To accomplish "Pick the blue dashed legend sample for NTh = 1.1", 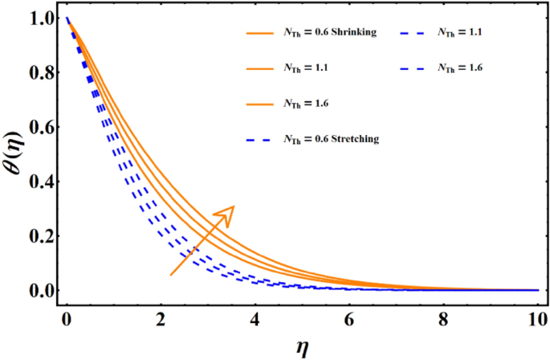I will click(x=414, y=33).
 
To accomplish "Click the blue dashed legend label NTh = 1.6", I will click(x=460, y=68).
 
